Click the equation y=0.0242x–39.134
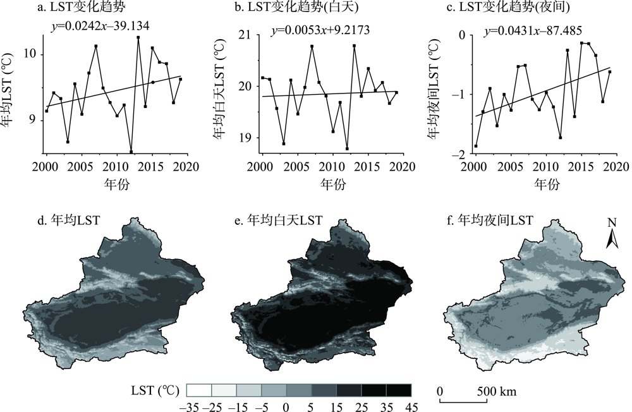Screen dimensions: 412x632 point(100,26)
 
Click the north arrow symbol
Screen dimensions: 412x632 point(612,235)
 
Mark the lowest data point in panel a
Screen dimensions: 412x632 point(131,152)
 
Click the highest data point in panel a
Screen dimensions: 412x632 point(138,38)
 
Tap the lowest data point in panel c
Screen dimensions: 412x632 point(475,146)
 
